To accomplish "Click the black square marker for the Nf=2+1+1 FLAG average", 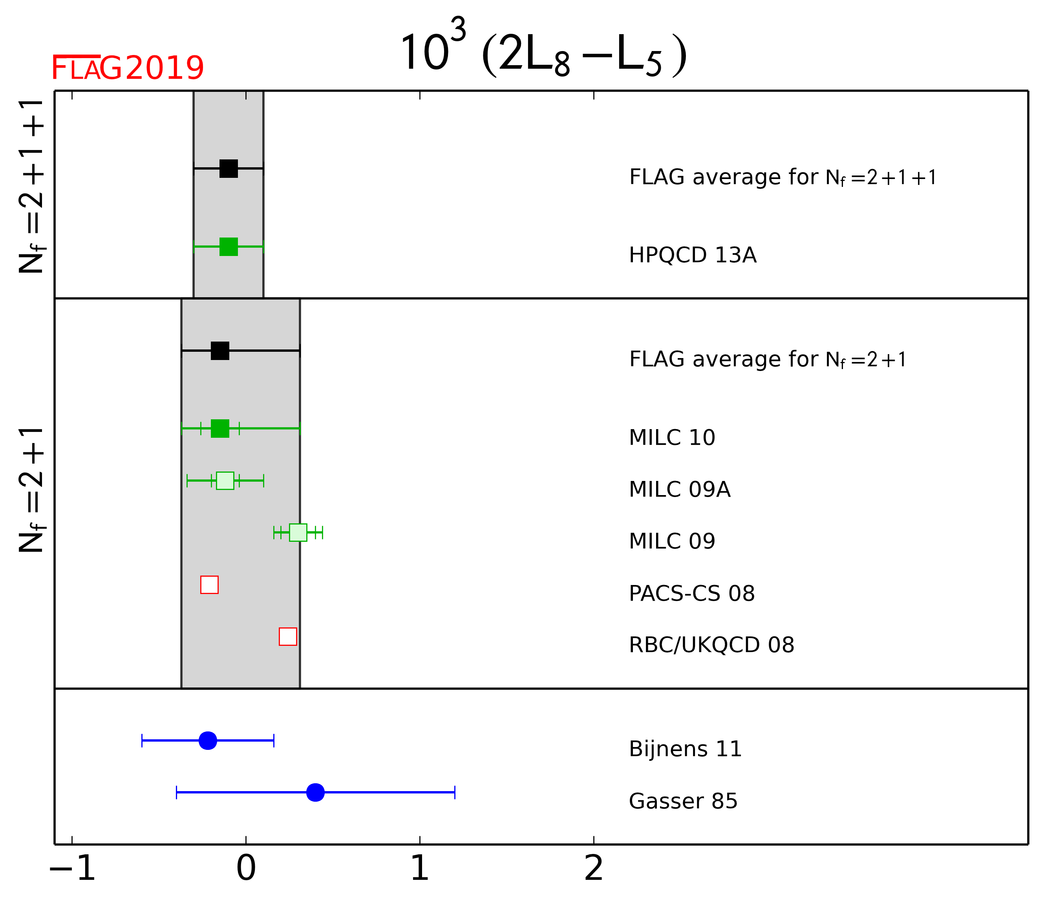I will [x=229, y=168].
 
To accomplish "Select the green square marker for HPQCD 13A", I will [x=229, y=247].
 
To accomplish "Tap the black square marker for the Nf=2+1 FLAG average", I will [x=220, y=351].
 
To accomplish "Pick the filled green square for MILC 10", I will [x=220, y=428].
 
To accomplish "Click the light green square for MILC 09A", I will [x=225, y=481].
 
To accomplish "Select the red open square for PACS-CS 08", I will [x=210, y=585].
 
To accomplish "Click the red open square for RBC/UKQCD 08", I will [x=288, y=636].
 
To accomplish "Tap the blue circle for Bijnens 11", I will [x=208, y=741].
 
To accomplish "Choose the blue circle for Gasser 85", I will [x=315, y=792].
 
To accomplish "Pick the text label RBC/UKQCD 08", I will [x=711, y=645].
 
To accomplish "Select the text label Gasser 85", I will [x=683, y=801].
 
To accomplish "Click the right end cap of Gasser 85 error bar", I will [x=455, y=792].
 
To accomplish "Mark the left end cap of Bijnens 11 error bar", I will [x=142, y=741].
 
